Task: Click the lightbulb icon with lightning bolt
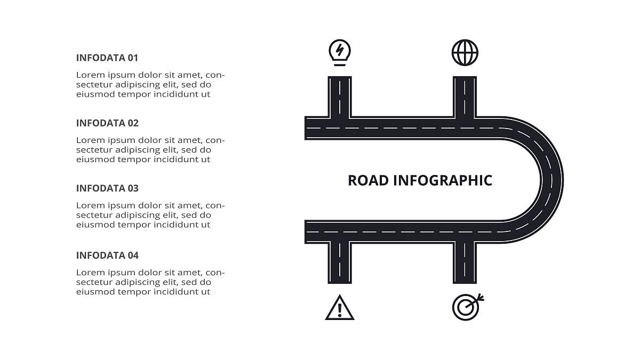pyautogui.click(x=340, y=53)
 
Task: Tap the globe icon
pyautogui.click(x=465, y=53)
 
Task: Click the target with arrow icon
pyautogui.click(x=468, y=307)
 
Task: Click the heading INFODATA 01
pyautogui.click(x=107, y=58)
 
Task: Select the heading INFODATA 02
pyautogui.click(x=107, y=123)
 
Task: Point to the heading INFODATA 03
pyautogui.click(x=107, y=188)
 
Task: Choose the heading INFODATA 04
pyautogui.click(x=107, y=255)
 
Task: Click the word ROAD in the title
pyautogui.click(x=369, y=181)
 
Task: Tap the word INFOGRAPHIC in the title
pyautogui.click(x=443, y=181)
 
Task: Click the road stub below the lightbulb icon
pyautogui.click(x=340, y=97)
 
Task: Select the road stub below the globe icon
pyautogui.click(x=465, y=97)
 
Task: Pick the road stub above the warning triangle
pyautogui.click(x=340, y=263)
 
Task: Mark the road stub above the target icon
pyautogui.click(x=465, y=263)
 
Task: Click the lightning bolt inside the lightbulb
pyautogui.click(x=340, y=50)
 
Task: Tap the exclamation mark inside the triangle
pyautogui.click(x=340, y=310)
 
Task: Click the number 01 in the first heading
pyautogui.click(x=133, y=58)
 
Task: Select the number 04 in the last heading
pyautogui.click(x=133, y=255)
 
